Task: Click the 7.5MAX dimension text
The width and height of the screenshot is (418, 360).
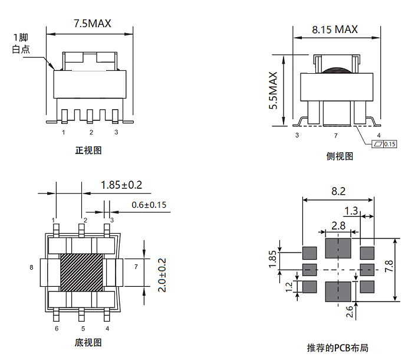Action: point(92,24)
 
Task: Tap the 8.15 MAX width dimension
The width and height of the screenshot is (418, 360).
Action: point(334,30)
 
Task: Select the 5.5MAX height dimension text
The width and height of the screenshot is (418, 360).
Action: point(273,90)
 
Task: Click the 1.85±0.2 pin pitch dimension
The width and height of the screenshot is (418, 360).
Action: point(121,185)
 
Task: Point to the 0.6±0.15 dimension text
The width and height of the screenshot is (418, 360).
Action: point(149,205)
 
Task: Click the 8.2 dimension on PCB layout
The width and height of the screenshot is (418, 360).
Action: point(338,191)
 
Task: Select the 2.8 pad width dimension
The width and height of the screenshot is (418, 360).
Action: point(338,225)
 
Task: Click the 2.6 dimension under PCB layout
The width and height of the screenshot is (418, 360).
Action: point(350,311)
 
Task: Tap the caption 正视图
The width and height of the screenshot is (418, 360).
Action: point(88,150)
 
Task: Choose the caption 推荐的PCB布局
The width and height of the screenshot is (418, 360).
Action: point(338,348)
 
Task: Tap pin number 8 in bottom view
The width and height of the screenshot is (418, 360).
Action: point(31,267)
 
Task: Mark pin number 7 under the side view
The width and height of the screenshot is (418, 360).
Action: point(335,136)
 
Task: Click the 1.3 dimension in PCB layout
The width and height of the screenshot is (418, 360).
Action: point(351,211)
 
